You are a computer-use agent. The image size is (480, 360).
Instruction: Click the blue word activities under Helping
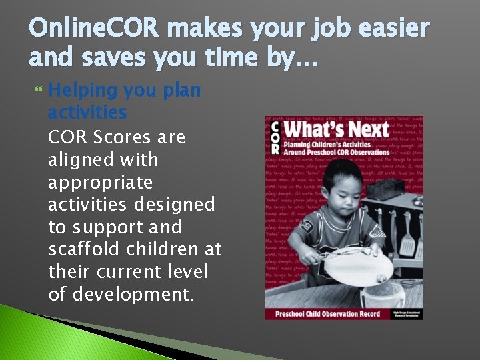[x=87, y=113]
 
